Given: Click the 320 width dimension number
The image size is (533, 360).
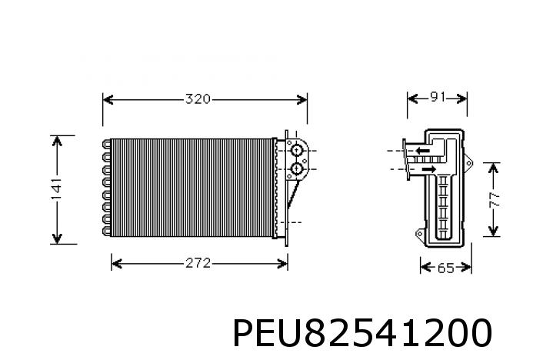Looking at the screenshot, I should [198, 99].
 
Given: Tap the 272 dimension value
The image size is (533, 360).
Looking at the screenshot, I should [198, 264].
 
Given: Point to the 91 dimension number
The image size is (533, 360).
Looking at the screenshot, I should [438, 98].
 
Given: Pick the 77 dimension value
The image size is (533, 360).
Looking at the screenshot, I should [495, 200].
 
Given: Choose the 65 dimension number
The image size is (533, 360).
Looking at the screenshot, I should [446, 268].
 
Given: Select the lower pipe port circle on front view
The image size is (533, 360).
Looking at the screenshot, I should [297, 168].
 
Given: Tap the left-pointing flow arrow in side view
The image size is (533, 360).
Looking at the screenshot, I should [422, 150].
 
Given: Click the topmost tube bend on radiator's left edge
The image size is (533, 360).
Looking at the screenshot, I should [105, 144].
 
